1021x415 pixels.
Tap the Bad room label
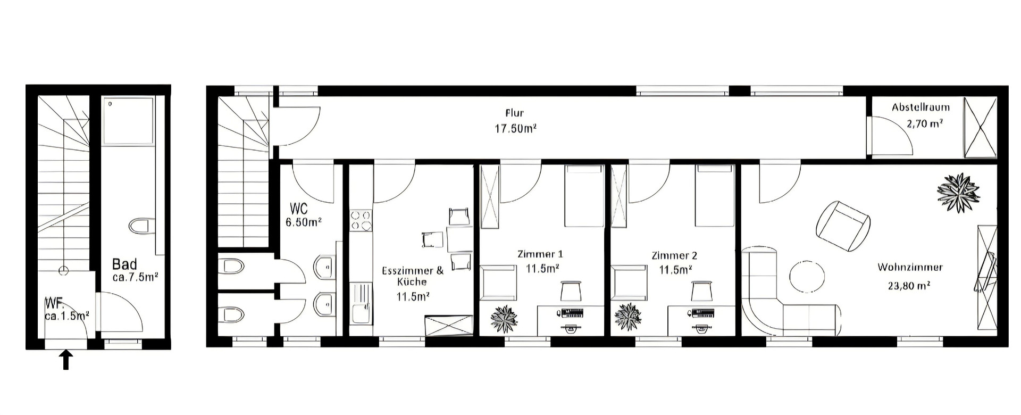click(124, 264)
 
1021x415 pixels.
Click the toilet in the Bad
click(141, 226)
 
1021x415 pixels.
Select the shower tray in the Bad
click(128, 120)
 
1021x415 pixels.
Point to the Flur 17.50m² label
click(514, 121)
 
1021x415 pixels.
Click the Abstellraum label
click(920, 107)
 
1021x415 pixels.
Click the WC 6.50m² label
click(304, 215)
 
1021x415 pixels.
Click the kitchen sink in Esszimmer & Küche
click(361, 304)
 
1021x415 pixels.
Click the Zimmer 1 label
click(540, 254)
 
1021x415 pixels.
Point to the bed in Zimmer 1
click(583, 196)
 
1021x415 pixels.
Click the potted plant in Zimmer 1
click(504, 319)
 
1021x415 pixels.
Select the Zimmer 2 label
click(674, 255)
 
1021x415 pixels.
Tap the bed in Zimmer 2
click(715, 196)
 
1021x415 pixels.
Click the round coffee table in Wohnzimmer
click(807, 277)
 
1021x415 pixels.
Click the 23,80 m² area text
click(909, 286)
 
